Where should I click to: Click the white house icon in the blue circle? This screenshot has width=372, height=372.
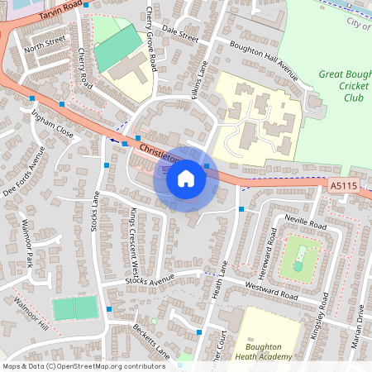click(x=185, y=179)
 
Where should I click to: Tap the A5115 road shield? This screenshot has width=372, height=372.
click(x=343, y=188)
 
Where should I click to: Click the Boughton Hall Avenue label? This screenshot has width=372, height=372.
click(x=263, y=56)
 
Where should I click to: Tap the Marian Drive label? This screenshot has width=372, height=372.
click(x=360, y=330)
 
